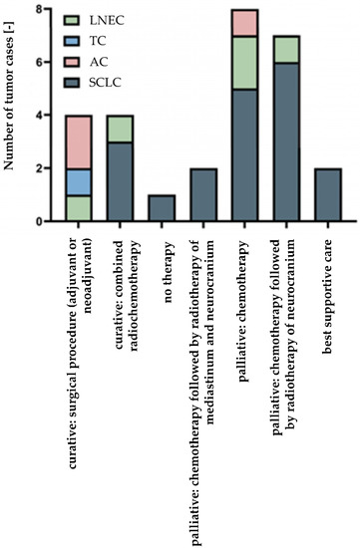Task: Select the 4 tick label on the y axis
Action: (37, 116)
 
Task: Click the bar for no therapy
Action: (163, 207)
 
